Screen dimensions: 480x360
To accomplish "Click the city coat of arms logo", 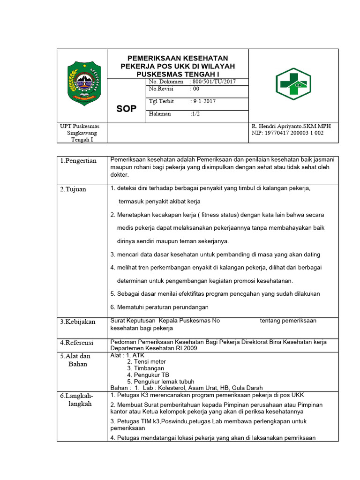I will pyautogui.click(x=82, y=82).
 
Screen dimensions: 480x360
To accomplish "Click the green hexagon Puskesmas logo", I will pyautogui.click(x=292, y=84).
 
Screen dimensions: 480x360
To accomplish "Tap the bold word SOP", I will pyautogui.click(x=126, y=109).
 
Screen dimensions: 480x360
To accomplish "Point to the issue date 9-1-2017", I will pyautogui.click(x=203, y=101).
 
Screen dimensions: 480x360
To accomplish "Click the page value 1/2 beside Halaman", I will pyautogui.click(x=195, y=114).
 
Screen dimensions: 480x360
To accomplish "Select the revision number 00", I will pyautogui.click(x=195, y=89).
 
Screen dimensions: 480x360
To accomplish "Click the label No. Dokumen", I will pyautogui.click(x=166, y=82).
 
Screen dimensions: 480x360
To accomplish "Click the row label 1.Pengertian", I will pyautogui.click(x=78, y=161).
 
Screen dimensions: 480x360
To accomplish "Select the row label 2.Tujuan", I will pyautogui.click(x=73, y=189).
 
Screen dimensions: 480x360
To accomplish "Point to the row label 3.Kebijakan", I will pyautogui.click(x=77, y=322).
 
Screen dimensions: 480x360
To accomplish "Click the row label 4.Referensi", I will pyautogui.click(x=77, y=343).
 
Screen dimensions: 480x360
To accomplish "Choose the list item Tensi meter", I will pyautogui.click(x=150, y=362).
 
